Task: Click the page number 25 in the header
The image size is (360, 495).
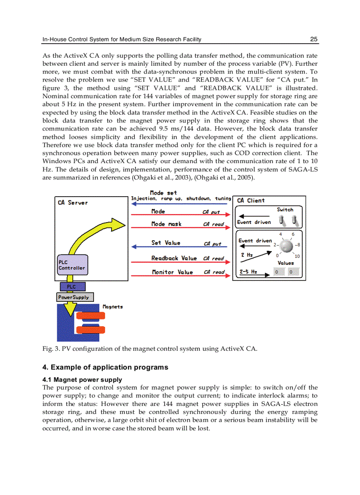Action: click(x=314, y=39)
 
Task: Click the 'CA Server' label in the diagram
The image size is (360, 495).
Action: click(x=73, y=203)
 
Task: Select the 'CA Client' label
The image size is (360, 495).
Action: click(x=251, y=201)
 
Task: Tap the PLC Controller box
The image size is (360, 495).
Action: click(x=72, y=265)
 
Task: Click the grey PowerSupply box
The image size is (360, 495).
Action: click(x=75, y=298)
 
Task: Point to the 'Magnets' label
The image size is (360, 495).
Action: click(x=112, y=307)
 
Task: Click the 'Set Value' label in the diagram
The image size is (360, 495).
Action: click(x=166, y=243)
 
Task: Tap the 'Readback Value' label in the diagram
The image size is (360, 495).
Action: click(x=174, y=258)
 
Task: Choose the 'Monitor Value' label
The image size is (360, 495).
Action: click(x=172, y=272)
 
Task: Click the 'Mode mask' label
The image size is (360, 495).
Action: click(x=166, y=224)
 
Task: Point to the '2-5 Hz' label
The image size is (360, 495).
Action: click(x=248, y=272)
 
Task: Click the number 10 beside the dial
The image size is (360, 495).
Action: click(x=297, y=256)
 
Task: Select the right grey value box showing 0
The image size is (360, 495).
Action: click(x=291, y=272)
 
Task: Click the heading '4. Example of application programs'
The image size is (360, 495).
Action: click(x=105, y=367)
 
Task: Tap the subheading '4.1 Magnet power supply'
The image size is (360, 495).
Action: click(x=82, y=380)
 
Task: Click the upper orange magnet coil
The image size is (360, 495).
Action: click(x=90, y=316)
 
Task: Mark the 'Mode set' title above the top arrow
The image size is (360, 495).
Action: click(x=163, y=193)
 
